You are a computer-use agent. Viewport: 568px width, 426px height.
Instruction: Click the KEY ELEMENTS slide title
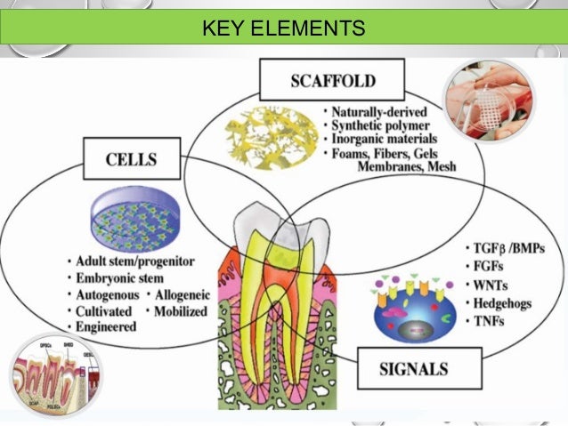click(283, 28)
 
